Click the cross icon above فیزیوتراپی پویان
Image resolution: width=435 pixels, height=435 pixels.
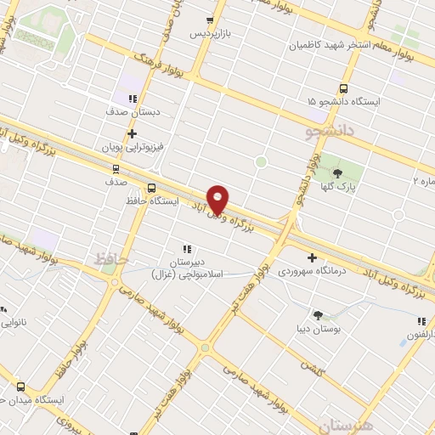[132, 133]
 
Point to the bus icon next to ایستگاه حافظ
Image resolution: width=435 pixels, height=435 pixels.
[151, 188]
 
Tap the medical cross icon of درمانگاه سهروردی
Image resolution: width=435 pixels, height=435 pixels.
[312, 257]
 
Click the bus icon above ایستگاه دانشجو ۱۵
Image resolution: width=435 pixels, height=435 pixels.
[344, 88]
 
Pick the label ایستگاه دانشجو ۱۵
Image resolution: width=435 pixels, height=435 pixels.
[343, 101]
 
